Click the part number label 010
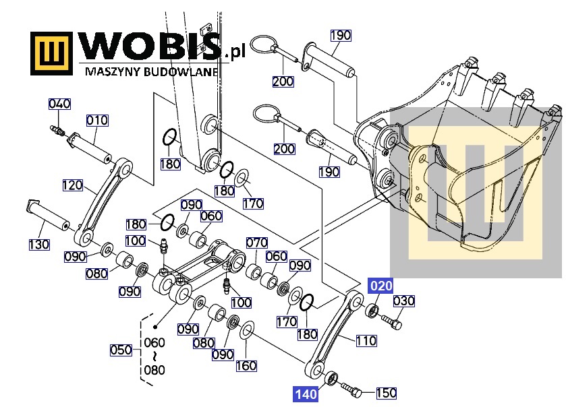tap(97, 120)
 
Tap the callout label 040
tap(59, 104)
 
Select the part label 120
tap(73, 185)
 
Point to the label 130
tap(39, 245)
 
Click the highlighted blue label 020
tap(381, 286)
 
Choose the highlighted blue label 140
tap(306, 394)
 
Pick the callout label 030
tap(403, 301)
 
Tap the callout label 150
tap(387, 393)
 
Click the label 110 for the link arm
tap(366, 340)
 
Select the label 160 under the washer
tap(246, 366)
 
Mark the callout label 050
tap(121, 350)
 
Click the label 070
tap(256, 243)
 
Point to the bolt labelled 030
tap(392, 322)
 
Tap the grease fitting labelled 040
tap(57, 131)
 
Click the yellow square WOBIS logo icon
tap(52, 53)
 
